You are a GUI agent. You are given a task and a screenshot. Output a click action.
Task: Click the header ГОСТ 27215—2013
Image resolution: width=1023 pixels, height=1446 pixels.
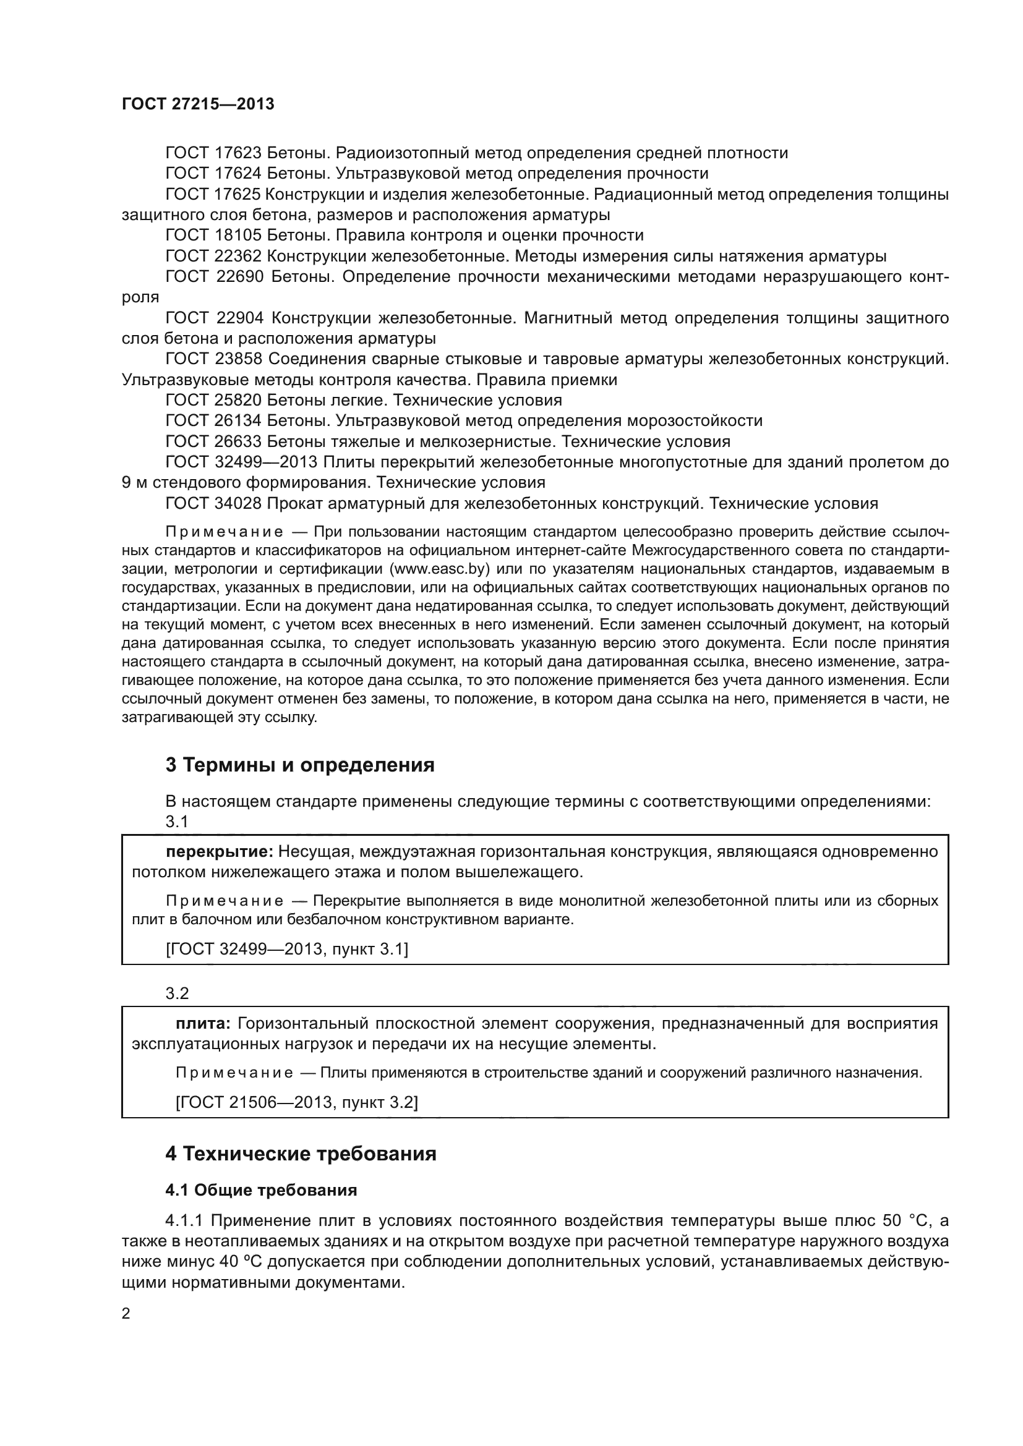(198, 104)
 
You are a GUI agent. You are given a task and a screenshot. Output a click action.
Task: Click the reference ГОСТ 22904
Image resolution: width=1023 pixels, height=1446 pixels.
(215, 318)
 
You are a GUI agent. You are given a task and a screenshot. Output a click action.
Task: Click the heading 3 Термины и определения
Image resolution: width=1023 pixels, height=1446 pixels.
(300, 765)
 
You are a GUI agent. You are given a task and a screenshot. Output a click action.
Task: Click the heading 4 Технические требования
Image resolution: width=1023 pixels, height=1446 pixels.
(301, 1154)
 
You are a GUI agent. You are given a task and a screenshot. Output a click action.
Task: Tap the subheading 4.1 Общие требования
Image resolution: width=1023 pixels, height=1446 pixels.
(261, 1189)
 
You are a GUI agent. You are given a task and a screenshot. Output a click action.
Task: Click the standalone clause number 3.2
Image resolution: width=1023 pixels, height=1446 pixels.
(177, 993)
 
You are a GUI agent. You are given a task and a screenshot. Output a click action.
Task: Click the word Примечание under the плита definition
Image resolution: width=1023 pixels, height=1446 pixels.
(234, 1073)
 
